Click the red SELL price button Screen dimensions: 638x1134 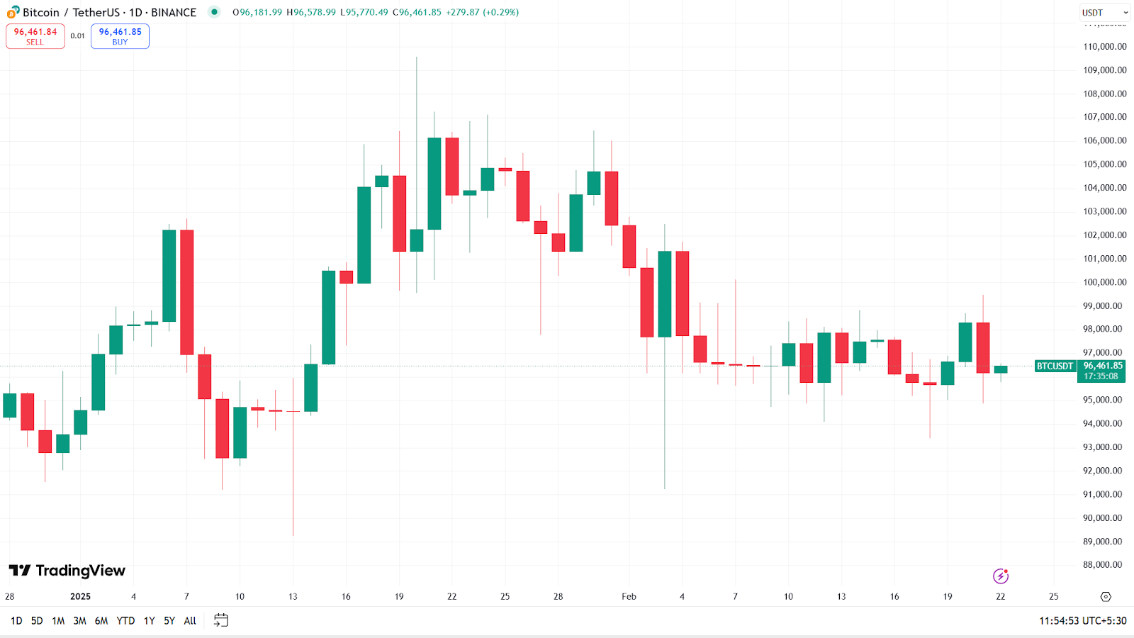tap(35, 36)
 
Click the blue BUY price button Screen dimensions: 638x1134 tap(120, 36)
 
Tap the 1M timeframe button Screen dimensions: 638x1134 tap(58, 621)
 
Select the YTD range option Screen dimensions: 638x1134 tap(125, 621)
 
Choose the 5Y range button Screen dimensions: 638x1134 tap(169, 621)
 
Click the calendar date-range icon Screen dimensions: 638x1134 tap(221, 620)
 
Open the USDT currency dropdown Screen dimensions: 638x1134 tap(1104, 13)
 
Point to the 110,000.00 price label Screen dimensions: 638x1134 tap(1104, 47)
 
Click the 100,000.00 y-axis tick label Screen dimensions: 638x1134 tap(1104, 282)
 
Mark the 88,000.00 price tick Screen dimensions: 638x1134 tap(1104, 565)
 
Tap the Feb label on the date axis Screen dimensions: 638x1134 tap(629, 597)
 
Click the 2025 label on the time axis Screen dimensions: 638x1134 tap(80, 597)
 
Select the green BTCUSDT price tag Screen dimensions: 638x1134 tap(1055, 366)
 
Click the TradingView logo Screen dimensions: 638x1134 tap(67, 571)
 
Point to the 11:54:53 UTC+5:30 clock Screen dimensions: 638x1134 tap(1082, 621)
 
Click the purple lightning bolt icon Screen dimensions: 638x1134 tap(1001, 576)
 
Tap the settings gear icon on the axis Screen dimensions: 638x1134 tap(1106, 597)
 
